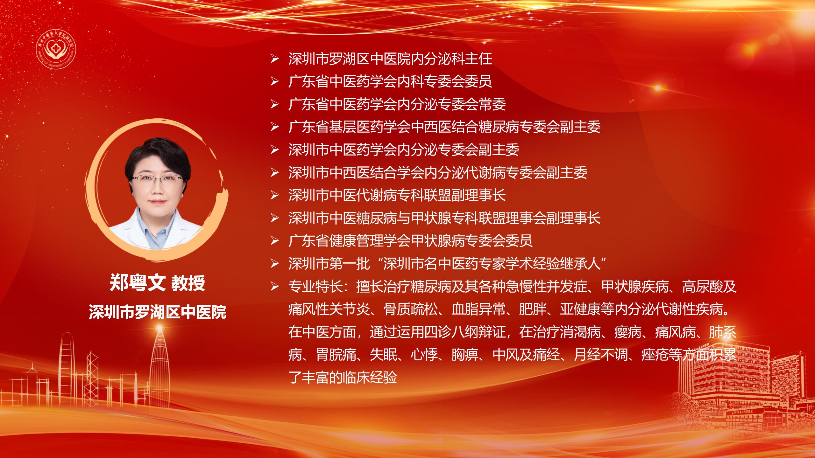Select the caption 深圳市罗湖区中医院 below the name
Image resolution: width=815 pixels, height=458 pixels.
pyautogui.click(x=158, y=312)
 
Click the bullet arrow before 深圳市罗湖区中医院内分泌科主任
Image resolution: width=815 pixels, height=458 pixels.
pyautogui.click(x=274, y=59)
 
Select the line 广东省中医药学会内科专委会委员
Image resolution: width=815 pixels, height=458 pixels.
pyautogui.click(x=390, y=82)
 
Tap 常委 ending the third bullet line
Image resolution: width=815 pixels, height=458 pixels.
pyautogui.click(x=492, y=105)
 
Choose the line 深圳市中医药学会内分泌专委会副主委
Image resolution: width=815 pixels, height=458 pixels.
pyautogui.click(x=404, y=150)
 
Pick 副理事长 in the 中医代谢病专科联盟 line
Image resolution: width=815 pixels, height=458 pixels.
pyautogui.click(x=478, y=195)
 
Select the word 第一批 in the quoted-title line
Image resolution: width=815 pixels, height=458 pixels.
pyautogui.click(x=350, y=264)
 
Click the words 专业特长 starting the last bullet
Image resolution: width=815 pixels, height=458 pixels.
pyautogui.click(x=315, y=287)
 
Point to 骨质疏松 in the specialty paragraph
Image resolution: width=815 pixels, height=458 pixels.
pyautogui.click(x=411, y=309)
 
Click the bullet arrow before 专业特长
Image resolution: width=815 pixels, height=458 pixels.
pyautogui.click(x=274, y=287)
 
